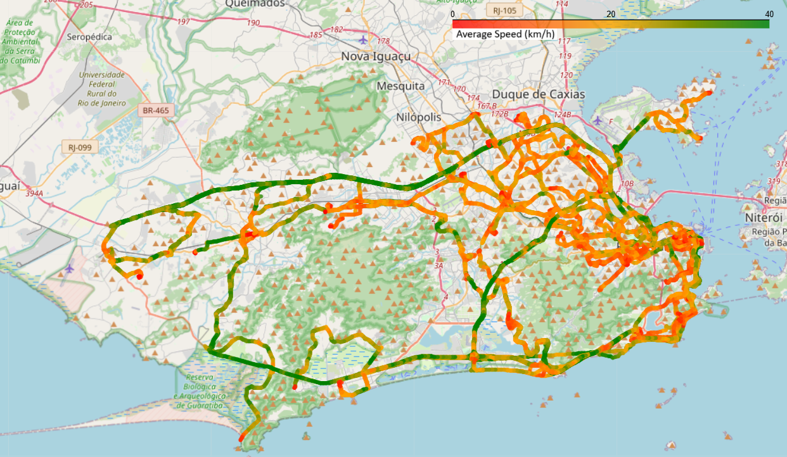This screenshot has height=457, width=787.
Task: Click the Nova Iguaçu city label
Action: (376, 56)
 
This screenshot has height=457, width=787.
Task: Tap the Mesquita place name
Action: (400, 85)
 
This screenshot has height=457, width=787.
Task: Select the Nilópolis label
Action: (418, 117)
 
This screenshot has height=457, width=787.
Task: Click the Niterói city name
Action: (764, 217)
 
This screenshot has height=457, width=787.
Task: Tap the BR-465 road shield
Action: (155, 110)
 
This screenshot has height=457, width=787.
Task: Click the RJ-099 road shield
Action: (80, 147)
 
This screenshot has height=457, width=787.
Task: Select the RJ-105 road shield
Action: (504, 10)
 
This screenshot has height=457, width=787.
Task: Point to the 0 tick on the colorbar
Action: (452, 14)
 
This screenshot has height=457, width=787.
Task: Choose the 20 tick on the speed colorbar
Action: (611, 14)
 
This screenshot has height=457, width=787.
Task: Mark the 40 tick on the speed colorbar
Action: (769, 14)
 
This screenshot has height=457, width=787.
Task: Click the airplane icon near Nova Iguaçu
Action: (362, 41)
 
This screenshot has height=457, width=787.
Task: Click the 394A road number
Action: (34, 192)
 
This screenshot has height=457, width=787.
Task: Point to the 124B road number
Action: (563, 115)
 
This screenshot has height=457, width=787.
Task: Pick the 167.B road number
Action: (486, 106)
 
